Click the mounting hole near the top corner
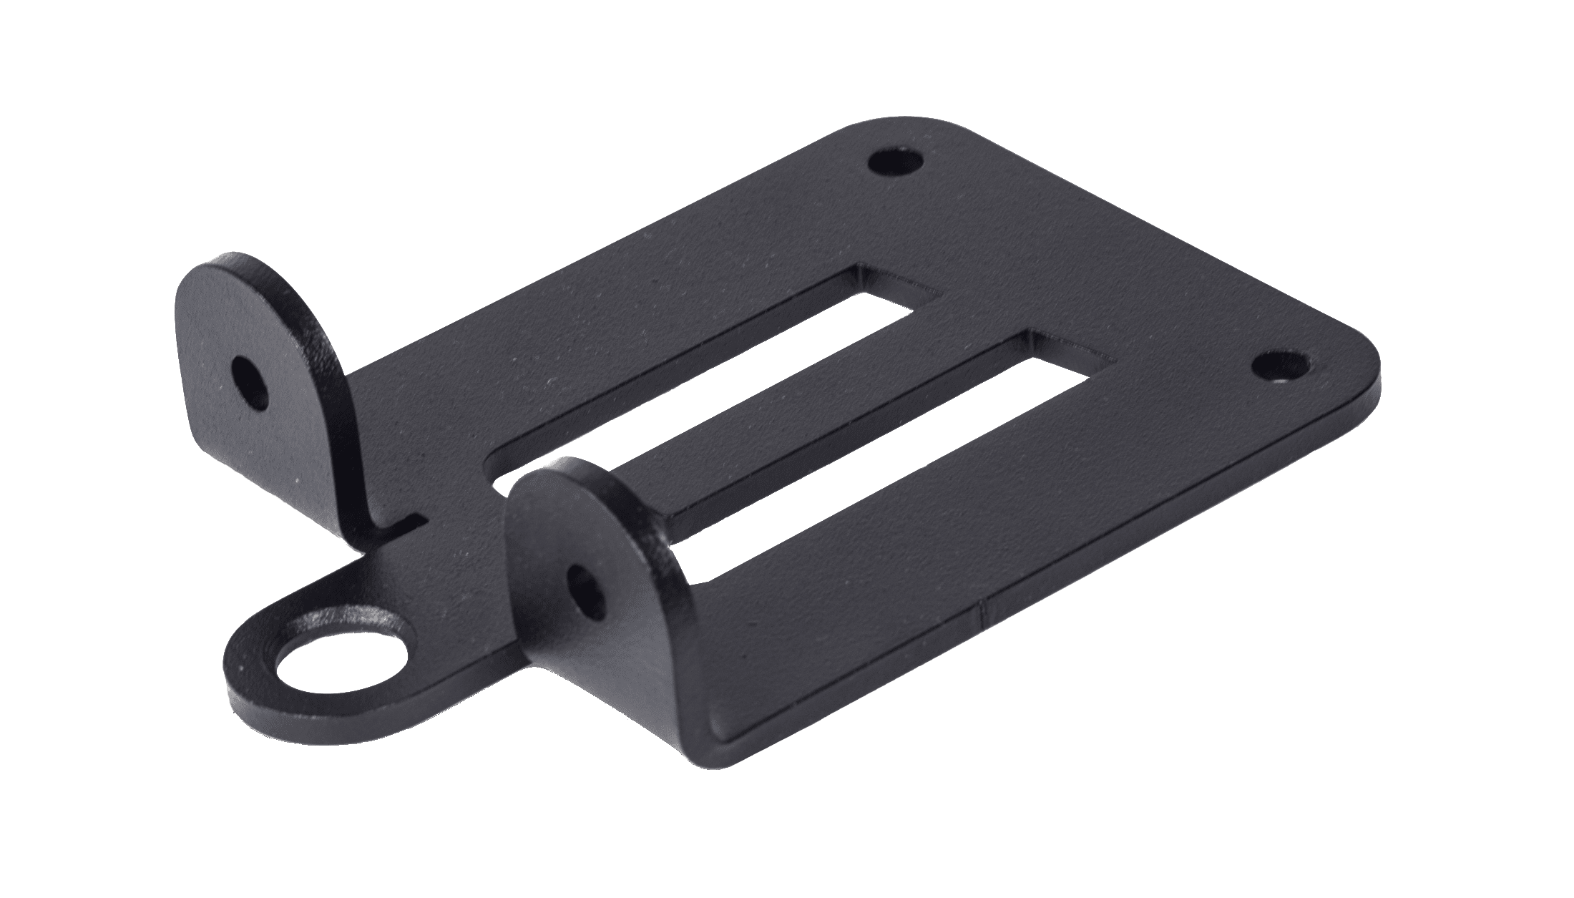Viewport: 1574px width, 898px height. (x=894, y=162)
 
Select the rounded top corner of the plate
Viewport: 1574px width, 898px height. (x=869, y=129)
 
